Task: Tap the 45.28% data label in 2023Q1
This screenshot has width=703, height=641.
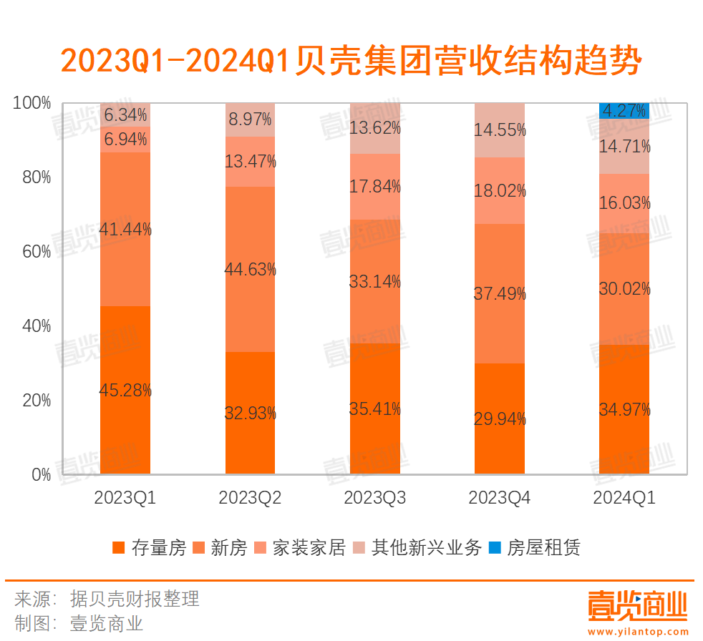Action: tap(125, 391)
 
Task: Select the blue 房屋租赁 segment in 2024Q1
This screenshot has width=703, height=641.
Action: tap(624, 111)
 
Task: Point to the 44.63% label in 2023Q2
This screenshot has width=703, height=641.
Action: tap(250, 270)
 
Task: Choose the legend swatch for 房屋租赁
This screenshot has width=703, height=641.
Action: tap(495, 549)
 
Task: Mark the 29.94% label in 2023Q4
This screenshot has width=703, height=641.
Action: tap(500, 419)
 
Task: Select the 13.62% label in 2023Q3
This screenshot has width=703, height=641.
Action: tap(374, 129)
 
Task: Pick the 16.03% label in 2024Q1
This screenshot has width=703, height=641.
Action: tap(624, 203)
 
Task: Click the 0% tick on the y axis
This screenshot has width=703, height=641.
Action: tap(40, 475)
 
